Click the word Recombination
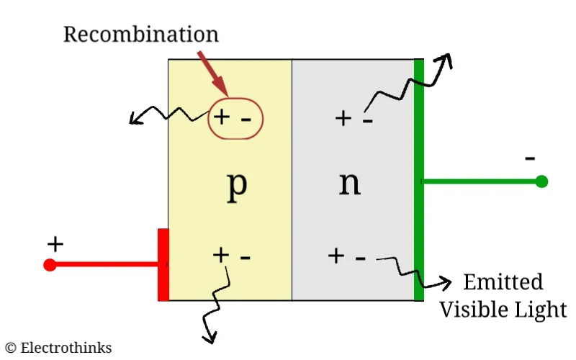coord(140,34)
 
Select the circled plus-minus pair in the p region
coord(235,117)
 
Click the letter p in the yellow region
coord(237,185)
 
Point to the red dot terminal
coord(50,265)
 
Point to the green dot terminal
coord(541,181)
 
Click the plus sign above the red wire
coord(55,244)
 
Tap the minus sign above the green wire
coord(531,158)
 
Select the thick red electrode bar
coord(163,264)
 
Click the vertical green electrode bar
coord(418,180)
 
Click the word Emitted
coord(503,282)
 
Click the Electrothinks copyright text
coord(59,348)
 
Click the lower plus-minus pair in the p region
coord(232,255)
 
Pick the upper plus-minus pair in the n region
coord(354,118)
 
